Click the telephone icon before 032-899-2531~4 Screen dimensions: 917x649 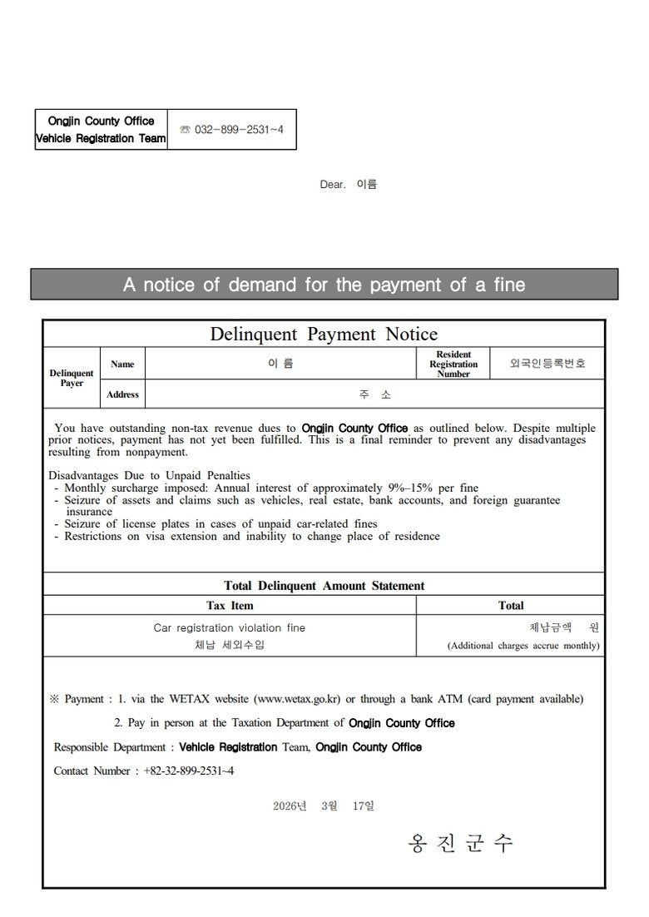point(185,130)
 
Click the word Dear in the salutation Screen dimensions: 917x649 point(332,185)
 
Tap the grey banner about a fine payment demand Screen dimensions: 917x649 point(324,285)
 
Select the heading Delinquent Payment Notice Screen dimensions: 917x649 point(324,335)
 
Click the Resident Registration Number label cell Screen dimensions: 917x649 point(453,364)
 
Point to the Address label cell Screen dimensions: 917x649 point(122,394)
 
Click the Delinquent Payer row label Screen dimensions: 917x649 point(72,379)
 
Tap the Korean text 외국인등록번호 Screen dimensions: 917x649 point(547,364)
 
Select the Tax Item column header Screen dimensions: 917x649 point(230,606)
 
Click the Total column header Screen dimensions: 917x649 point(511,606)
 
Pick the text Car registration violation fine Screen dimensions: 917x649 point(230,628)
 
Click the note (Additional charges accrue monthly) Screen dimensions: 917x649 point(523,646)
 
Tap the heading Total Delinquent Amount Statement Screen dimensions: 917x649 point(324,586)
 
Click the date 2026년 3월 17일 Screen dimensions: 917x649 point(324,806)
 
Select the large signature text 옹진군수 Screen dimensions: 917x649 point(460,844)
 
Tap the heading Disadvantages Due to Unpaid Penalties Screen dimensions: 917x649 point(150,476)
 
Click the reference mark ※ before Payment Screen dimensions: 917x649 point(55,700)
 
